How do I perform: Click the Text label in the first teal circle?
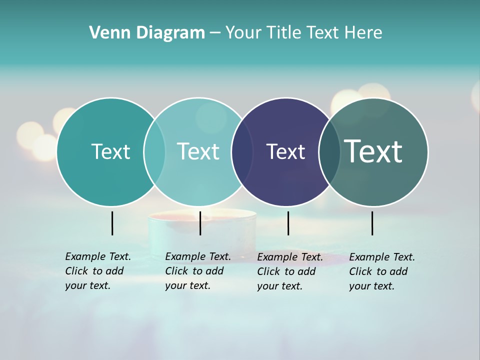[x=110, y=151]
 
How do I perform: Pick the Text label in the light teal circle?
[x=198, y=151]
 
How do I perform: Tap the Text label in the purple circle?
[x=285, y=151]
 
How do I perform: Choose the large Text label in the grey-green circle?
[x=373, y=151]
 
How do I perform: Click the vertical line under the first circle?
[x=112, y=223]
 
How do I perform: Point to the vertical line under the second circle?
[x=200, y=223]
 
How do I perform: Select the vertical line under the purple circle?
[x=288, y=223]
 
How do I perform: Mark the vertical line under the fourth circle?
[x=372, y=223]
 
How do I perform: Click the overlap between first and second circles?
[x=154, y=151]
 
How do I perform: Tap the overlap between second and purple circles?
[x=242, y=151]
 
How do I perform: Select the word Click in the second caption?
[x=176, y=271]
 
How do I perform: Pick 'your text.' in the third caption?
[x=279, y=286]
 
